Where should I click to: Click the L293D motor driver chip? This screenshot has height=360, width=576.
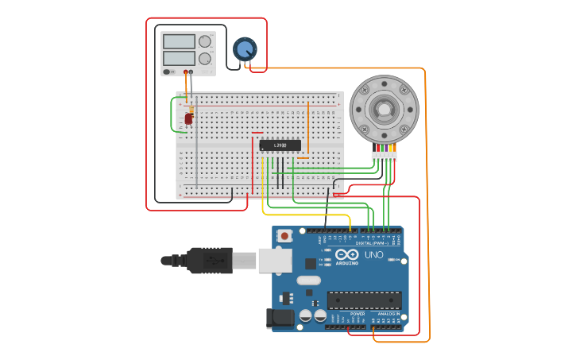280,145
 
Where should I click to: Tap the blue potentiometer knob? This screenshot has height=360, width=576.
244,49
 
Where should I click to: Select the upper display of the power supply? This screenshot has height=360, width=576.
178,41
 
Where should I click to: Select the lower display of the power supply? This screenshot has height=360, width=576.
178,58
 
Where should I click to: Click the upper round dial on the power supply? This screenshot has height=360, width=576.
205,41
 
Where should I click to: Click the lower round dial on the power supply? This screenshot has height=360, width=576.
205,59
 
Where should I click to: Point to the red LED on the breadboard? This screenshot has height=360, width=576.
188,118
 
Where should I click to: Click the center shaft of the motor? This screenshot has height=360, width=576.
384,110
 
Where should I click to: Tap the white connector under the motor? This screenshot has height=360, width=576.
384,157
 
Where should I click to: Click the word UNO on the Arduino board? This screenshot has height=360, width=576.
373,255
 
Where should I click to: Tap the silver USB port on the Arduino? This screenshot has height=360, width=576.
275,260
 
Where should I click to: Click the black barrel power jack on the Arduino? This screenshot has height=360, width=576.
280,319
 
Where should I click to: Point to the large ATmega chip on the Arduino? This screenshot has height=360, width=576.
364,300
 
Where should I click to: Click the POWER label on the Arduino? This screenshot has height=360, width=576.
358,314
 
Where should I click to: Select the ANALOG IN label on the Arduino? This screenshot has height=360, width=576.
388,314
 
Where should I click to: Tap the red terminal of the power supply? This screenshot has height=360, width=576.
186,72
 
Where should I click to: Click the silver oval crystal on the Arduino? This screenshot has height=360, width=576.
308,280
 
